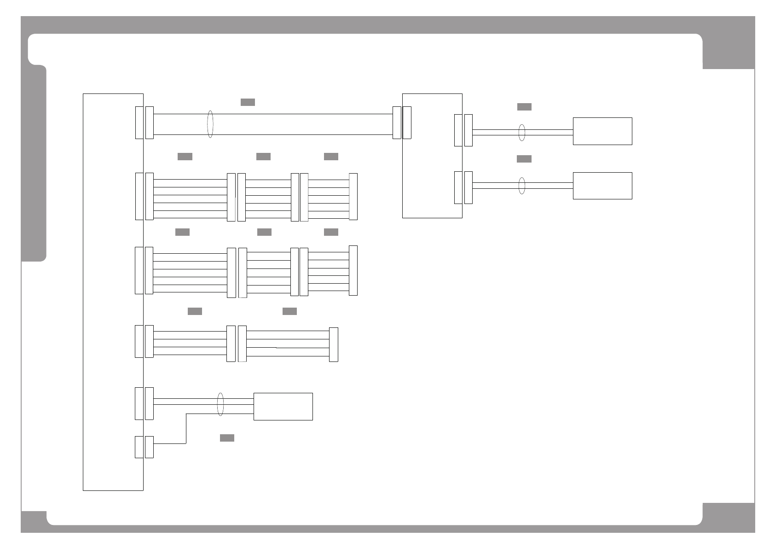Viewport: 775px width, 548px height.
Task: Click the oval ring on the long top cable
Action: pos(210,124)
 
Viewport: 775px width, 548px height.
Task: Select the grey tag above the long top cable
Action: pos(248,102)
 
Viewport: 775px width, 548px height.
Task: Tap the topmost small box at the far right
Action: pos(602,131)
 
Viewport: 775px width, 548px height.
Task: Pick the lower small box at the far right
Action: pos(602,186)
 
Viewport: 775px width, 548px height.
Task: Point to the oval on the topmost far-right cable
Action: pos(521,132)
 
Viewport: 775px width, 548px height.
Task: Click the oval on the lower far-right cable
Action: pos(521,186)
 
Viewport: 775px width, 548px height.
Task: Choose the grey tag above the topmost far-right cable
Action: pos(524,107)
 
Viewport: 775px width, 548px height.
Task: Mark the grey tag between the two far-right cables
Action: pos(524,159)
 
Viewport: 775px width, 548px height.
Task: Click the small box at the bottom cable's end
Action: pos(283,406)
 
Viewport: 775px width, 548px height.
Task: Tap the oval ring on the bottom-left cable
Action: pos(220,404)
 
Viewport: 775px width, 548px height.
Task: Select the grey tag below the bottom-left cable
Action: pos(227,437)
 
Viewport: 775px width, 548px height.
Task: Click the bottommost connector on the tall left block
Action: pos(139,447)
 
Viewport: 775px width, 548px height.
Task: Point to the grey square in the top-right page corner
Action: pos(729,51)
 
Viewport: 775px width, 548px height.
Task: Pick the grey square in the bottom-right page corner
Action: pos(729,518)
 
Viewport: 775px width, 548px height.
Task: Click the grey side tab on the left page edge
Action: pos(34,163)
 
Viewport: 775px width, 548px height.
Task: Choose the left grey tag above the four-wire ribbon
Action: pos(195,311)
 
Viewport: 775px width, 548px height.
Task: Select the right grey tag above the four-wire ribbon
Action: pos(289,311)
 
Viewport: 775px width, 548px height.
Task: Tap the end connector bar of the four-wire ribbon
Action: pos(334,344)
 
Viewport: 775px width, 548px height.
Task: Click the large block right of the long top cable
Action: pos(432,156)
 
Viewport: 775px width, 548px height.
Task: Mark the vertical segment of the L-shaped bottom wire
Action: pos(186,428)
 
